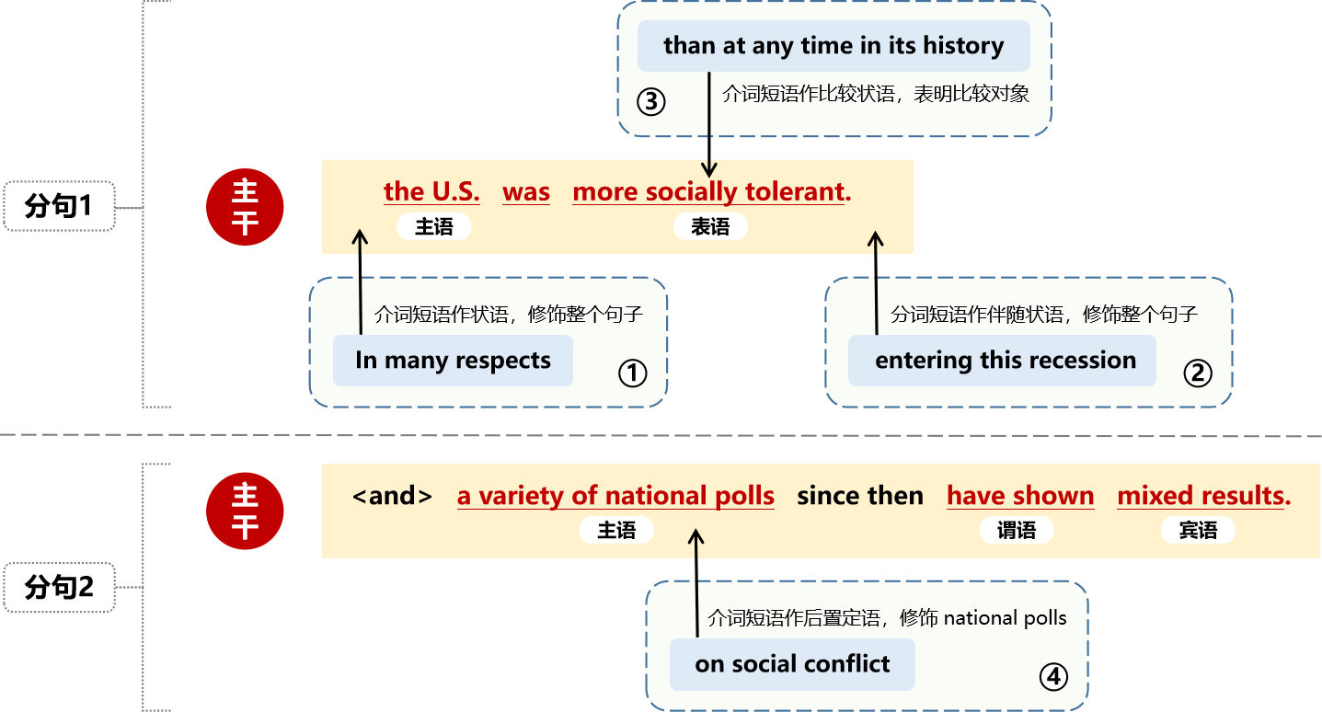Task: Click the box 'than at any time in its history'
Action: [833, 46]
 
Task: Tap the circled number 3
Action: [651, 101]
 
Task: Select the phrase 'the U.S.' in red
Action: [431, 191]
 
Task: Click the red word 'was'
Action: [526, 192]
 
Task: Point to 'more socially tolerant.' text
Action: [712, 192]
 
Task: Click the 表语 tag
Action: [710, 226]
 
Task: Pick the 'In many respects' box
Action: [453, 361]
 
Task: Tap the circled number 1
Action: [632, 373]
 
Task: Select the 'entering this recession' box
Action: [1002, 361]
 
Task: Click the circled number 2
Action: [1198, 373]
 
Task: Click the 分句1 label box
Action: [59, 206]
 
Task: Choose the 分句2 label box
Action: [59, 588]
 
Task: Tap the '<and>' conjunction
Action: [392, 496]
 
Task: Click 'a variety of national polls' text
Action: [615, 496]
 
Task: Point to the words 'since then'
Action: [860, 496]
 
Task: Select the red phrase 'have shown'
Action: [1020, 496]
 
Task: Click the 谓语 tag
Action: [1017, 530]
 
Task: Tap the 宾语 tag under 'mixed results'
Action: [1198, 530]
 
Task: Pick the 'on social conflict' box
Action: [792, 664]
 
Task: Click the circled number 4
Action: [1053, 677]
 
